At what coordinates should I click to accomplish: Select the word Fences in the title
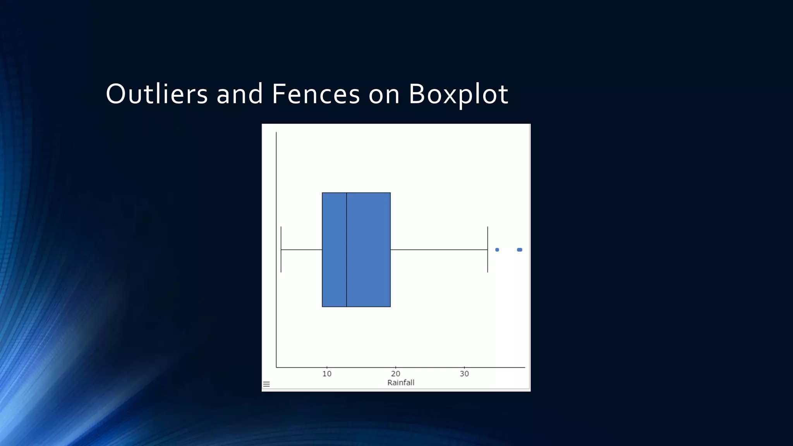coord(316,94)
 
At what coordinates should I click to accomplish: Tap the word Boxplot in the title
coord(458,94)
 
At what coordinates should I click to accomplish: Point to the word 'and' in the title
coord(240,94)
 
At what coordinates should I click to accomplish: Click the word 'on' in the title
coord(384,94)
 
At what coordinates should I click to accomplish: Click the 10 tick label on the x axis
coord(327,374)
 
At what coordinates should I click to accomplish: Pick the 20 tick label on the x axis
coord(395,374)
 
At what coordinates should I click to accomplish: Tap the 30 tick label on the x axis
coord(464,374)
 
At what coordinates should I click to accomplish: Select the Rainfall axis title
coord(401,383)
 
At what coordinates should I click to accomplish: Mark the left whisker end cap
coord(281,249)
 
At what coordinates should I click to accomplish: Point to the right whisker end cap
coord(487,249)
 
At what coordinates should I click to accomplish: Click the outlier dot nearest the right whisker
coord(497,250)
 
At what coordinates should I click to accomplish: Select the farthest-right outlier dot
coord(520,250)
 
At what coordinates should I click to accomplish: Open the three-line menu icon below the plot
coord(266,384)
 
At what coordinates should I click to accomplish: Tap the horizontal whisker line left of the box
coord(302,250)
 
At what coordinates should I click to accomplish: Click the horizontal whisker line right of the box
coord(439,250)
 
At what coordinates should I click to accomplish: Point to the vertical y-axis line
coord(276,174)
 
